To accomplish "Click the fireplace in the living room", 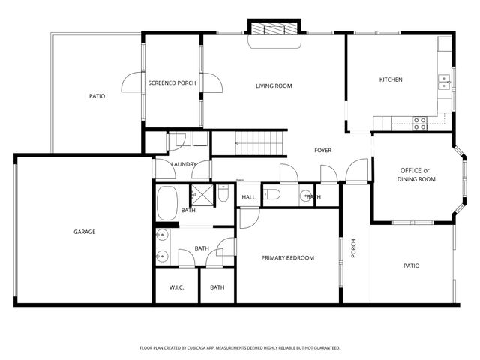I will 274,29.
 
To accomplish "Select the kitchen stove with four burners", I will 418,123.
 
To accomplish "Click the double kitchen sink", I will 444,81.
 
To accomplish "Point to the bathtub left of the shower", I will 166,201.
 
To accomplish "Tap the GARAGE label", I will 84,232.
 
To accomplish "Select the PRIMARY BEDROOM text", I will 287,258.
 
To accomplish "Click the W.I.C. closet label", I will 177,287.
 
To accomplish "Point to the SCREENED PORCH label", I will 172,83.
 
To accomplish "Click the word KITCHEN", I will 391,79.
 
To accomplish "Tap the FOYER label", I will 322,151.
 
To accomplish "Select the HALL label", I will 248,197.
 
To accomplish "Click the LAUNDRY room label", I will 183,164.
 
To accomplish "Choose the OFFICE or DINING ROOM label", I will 416,175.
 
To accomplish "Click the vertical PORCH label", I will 354,248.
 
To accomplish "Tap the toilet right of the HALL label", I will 273,195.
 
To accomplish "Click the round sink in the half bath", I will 306,197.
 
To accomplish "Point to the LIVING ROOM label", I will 274,85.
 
